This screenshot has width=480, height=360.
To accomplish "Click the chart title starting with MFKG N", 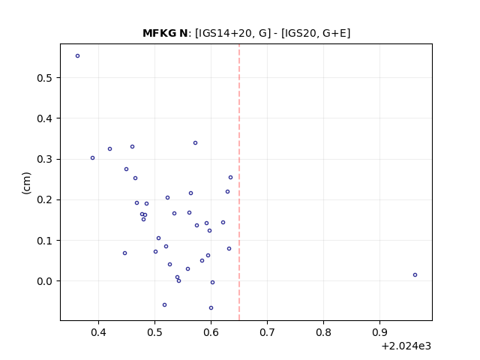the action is coord(246,33).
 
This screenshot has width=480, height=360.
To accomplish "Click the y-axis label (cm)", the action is coord(27,183).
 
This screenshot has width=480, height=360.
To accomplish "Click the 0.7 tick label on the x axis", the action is coord(267,332).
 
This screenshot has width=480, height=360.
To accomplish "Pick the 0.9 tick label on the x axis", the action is coord(379,332).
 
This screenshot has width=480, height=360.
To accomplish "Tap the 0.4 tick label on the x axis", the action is coord(98,332).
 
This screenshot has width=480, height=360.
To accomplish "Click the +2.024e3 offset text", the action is coord(406,346).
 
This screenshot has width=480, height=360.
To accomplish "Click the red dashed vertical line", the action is coord(239,182).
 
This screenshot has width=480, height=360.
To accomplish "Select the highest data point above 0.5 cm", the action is coord(78,56).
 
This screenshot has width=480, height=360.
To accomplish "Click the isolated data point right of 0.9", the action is coord(415,275).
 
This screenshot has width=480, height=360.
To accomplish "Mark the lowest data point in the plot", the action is coord(211,308).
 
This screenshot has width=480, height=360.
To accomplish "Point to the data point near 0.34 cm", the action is coord(195,143).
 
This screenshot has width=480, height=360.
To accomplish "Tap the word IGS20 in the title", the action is coord(298,33).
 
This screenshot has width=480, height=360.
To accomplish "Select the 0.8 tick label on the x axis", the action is coord(323,332).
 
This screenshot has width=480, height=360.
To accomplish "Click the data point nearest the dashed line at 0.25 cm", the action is coord(230,178).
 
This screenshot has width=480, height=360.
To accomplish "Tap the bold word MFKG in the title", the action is coord(160,33).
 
